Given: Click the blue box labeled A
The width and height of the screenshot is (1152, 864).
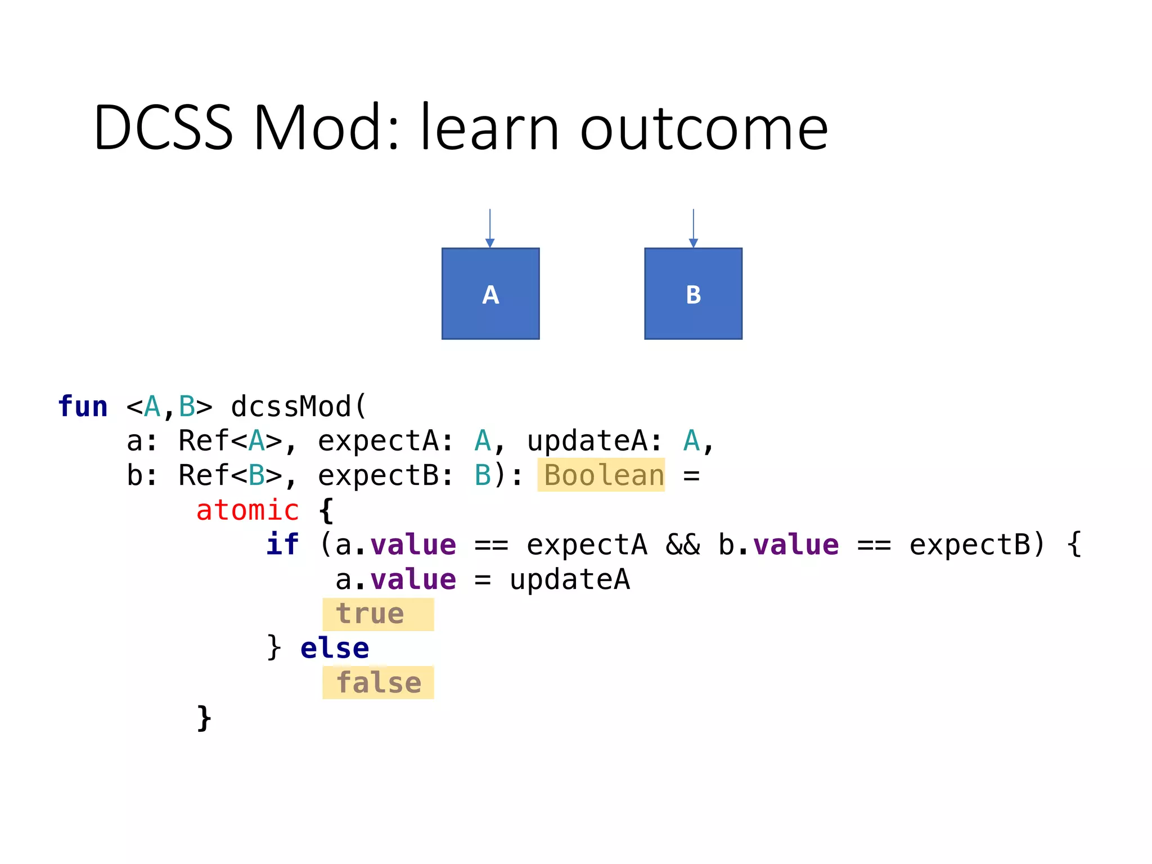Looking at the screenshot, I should point(490,294).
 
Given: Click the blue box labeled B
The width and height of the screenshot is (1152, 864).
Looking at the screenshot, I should point(693,294).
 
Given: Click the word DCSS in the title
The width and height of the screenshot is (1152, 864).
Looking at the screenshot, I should point(163,128).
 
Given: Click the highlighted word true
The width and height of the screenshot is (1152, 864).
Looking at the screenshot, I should point(370,614).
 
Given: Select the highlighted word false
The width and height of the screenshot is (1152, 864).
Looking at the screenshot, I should point(378,682).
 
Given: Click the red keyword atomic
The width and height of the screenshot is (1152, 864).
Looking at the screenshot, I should point(247,510).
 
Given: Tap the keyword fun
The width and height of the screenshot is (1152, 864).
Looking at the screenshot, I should point(83,406).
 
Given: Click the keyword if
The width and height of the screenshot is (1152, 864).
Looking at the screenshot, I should point(282,544).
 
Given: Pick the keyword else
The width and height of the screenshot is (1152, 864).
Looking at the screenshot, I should point(335,648).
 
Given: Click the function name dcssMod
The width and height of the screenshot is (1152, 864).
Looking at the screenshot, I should point(291,406).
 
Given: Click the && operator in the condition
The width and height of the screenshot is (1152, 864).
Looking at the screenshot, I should point(683,544).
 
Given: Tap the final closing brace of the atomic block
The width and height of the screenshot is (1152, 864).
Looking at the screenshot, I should point(204,718).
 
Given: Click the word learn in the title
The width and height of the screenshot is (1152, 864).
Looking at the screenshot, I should point(489,128).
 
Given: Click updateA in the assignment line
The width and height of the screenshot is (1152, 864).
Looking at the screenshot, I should point(569,579).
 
